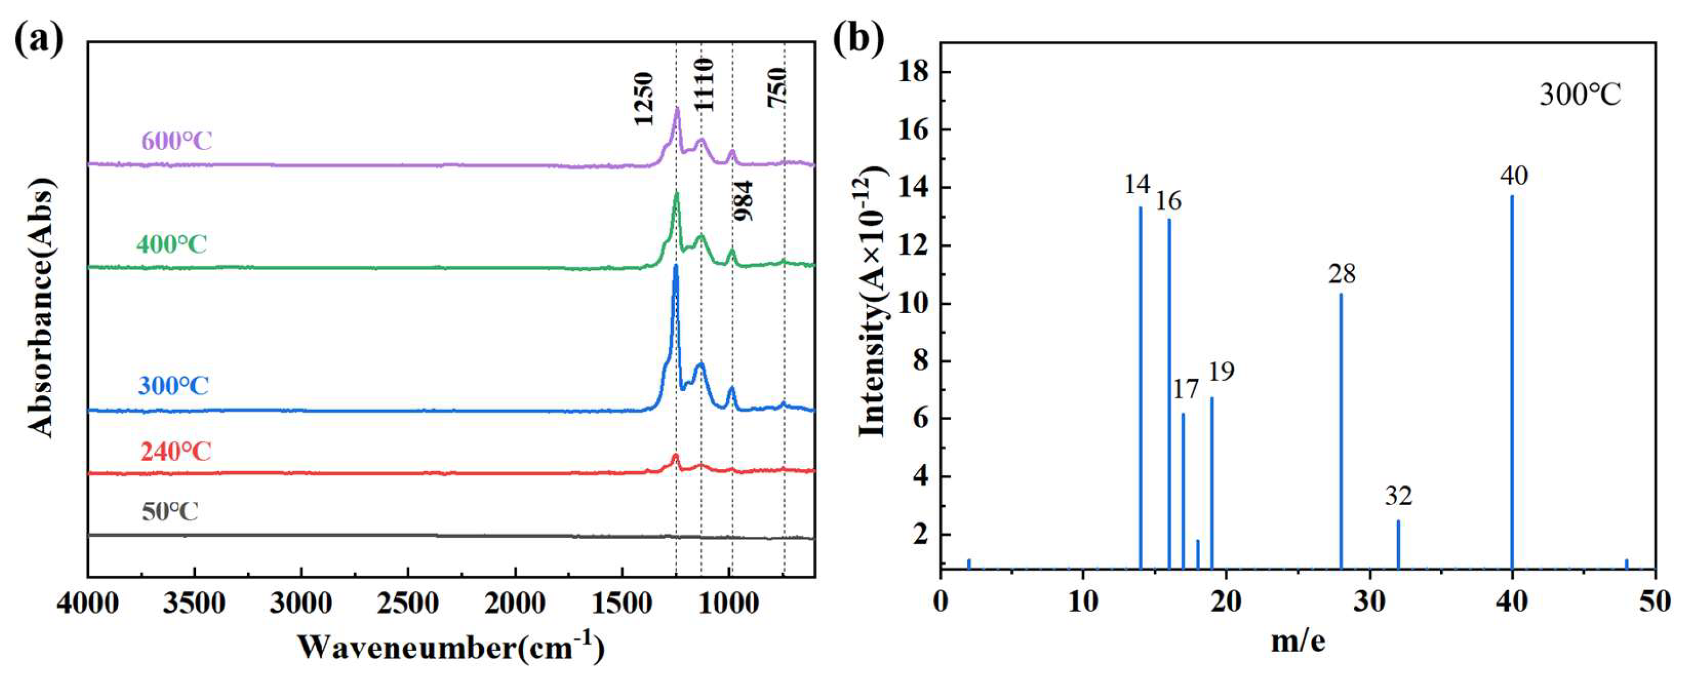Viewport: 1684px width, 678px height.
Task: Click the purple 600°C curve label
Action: coord(177,141)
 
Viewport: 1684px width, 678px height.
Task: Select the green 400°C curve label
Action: coord(172,244)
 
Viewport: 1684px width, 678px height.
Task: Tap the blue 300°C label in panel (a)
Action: coord(173,386)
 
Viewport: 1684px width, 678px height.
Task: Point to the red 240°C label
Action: coord(176,451)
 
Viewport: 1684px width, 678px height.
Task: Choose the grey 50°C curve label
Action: coord(170,511)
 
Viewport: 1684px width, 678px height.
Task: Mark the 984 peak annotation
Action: coord(744,201)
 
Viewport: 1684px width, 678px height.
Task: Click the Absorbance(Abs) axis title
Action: coord(41,307)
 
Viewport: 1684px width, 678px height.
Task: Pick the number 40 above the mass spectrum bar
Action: coord(1514,175)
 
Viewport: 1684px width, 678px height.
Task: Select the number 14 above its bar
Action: coord(1137,185)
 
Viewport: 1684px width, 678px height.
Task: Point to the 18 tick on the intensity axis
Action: coord(913,72)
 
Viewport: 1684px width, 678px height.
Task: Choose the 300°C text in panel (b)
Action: coord(1579,96)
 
